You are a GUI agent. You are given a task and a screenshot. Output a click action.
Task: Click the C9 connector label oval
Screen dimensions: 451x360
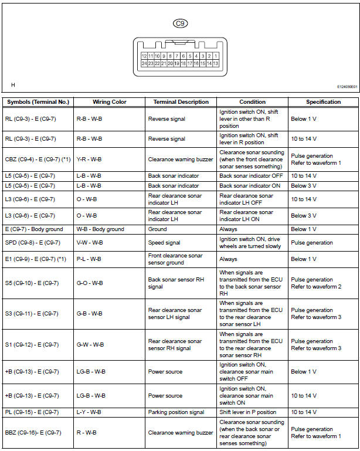click(180, 23)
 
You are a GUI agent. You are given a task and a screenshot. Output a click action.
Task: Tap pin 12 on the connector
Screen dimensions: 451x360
click(144, 56)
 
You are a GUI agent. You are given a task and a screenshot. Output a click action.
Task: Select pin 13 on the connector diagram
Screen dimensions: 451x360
click(216, 63)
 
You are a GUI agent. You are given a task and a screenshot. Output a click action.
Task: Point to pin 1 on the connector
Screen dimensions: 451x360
click(216, 56)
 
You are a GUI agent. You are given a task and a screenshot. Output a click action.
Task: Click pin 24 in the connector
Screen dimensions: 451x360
click(144, 63)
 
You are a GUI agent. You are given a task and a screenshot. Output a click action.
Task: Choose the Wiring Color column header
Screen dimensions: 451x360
click(110, 102)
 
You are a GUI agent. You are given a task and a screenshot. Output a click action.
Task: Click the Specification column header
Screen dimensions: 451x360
click(323, 102)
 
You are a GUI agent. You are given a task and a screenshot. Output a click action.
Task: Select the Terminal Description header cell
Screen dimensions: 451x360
click(181, 102)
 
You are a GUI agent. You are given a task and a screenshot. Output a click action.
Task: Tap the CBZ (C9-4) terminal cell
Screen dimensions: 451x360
click(38, 159)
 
